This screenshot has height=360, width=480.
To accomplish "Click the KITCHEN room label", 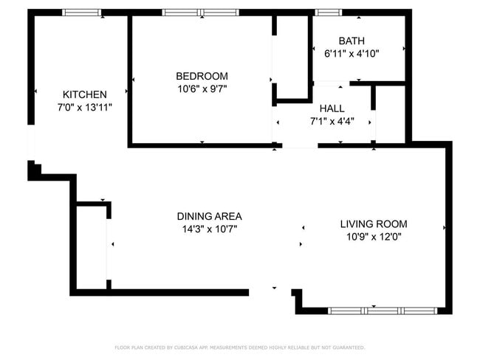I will click(85, 94).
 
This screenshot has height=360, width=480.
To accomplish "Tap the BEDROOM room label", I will click(202, 76).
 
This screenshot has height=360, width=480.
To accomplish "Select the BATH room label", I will click(352, 41).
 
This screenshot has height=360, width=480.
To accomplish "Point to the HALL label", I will click(332, 108).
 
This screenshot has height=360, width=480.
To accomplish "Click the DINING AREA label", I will click(209, 216).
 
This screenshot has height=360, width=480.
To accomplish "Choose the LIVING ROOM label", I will click(373, 224).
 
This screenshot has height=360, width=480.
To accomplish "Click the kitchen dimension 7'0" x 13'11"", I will click(85, 107).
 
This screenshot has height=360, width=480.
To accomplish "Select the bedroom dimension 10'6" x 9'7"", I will click(202, 89).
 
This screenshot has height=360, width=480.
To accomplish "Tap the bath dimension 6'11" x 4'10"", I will click(352, 54).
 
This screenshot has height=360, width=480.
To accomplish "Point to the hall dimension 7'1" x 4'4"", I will click(332, 121).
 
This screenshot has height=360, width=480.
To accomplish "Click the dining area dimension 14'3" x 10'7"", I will click(209, 229).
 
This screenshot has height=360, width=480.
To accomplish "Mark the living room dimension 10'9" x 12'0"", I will click(373, 236).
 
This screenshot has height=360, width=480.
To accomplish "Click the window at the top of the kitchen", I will click(81, 13).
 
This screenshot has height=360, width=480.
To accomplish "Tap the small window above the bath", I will click(326, 13).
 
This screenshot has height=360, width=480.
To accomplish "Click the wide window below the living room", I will click(367, 311).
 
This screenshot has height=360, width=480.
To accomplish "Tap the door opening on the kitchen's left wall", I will click(30, 142).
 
